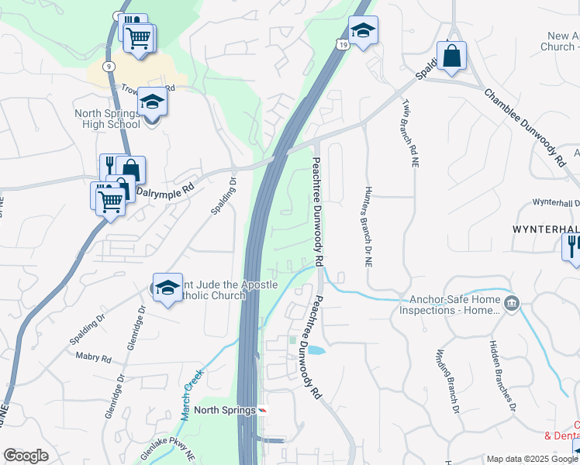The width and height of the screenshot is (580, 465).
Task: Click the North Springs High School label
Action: click(107, 119)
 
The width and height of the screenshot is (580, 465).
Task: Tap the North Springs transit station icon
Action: click(262, 410)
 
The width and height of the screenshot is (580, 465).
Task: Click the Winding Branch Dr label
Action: click(447, 381)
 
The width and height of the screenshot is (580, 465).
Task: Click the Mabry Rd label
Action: click(94, 358)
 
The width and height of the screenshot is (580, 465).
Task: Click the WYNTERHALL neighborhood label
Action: click(545, 230)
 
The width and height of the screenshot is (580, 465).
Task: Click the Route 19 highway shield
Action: click(342, 46)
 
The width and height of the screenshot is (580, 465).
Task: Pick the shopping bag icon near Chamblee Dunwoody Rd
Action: click(451, 57)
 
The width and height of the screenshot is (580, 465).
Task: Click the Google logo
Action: click(26, 456)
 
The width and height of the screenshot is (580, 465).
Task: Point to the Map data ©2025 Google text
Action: click(531, 459)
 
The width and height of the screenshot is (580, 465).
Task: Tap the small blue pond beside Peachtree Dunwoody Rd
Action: click(316, 350)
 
